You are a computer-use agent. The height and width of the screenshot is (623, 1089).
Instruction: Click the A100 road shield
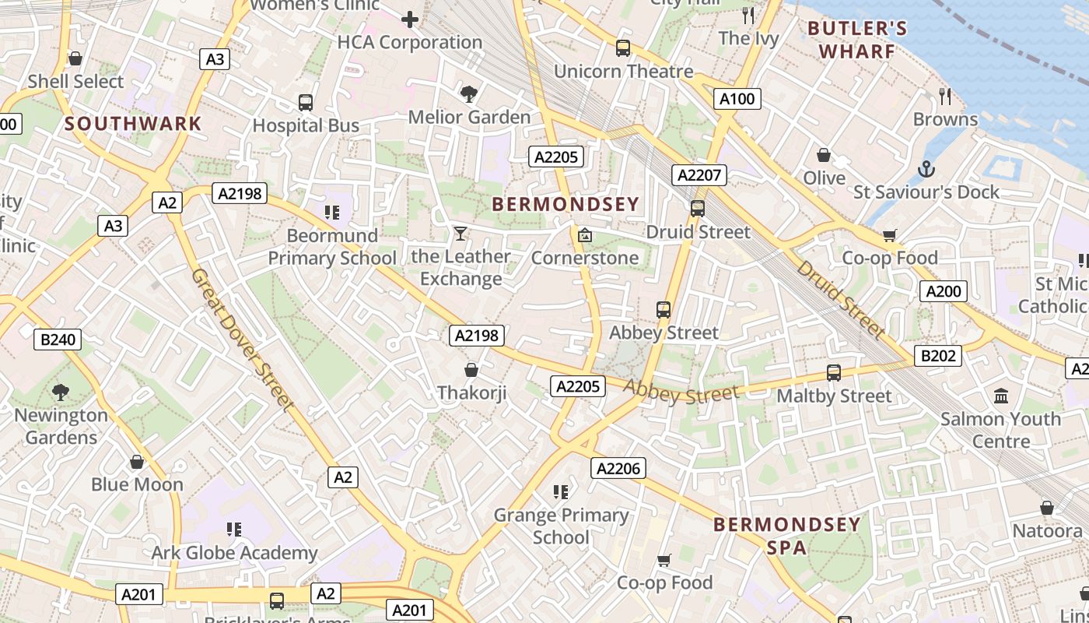[737, 99]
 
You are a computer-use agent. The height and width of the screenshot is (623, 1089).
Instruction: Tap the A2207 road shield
[699, 175]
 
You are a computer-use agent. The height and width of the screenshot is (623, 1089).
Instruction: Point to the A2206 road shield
[618, 468]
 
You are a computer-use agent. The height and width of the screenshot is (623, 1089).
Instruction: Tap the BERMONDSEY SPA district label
[786, 535]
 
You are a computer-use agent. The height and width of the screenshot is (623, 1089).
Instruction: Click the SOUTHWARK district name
[133, 123]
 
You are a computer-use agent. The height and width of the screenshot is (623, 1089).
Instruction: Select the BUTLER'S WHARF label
[857, 40]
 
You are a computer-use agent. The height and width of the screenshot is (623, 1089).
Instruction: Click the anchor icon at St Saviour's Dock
[926, 169]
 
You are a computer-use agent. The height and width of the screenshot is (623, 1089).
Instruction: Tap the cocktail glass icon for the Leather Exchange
[460, 234]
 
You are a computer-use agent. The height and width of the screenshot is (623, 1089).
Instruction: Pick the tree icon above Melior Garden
[469, 94]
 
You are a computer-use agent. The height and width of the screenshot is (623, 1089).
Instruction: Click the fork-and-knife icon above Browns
[945, 97]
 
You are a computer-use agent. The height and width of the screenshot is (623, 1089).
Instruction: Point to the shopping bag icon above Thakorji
[471, 370]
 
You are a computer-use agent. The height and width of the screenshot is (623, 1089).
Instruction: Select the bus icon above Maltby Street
[834, 373]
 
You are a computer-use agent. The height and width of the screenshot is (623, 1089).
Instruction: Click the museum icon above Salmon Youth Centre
[1001, 396]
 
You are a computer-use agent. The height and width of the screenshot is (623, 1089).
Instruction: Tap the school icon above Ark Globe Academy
[234, 530]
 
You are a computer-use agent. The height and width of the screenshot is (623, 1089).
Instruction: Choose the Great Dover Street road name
[243, 340]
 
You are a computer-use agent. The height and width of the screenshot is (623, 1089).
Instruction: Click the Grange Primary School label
[561, 526]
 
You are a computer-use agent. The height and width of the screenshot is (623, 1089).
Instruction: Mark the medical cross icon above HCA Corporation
[410, 19]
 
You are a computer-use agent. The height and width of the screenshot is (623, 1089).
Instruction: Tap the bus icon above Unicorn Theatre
[623, 48]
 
